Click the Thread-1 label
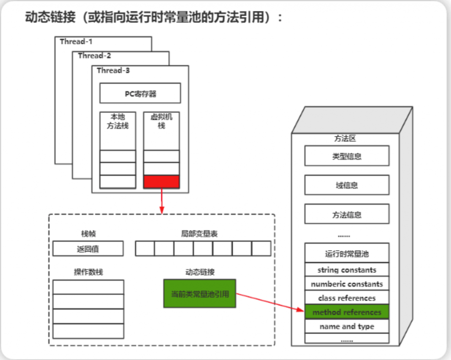pos(76,42)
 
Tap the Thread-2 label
pos(94,56)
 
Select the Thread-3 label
pos(113,70)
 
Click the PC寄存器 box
pos(140,93)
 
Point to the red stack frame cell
pos(162,182)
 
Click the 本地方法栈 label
pos(118,121)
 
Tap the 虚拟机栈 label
pos(162,121)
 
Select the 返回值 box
pos(88,249)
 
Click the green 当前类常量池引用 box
pos(200,294)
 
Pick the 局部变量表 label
pos(199,234)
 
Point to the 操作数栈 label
pos(88,272)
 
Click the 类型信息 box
pos(347,156)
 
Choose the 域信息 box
pos(347,185)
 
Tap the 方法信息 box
pos(347,215)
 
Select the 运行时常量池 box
pos(347,253)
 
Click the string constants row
pos(347,270)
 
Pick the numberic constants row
pos(347,284)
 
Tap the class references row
pos(347,298)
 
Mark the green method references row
pos(347,312)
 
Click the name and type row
pos(347,326)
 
